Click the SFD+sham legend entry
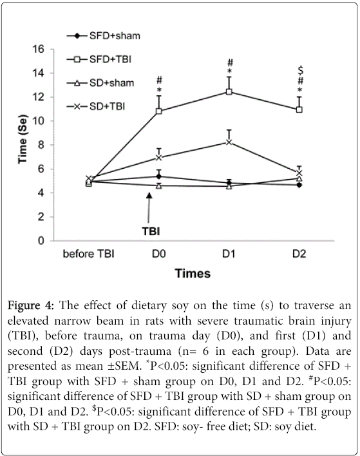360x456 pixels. pos(104,36)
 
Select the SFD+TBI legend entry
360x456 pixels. pos(99,59)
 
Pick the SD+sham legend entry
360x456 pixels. pos(100,83)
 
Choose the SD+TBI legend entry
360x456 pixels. pos(96,106)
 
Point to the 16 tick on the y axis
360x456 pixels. pos(38,49)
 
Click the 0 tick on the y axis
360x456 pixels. pos(41,241)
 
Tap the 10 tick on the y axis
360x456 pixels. pos(38,121)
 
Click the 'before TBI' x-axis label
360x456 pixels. pos(89,254)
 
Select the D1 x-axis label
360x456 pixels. pos(229,254)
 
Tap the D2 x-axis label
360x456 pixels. pos(299,254)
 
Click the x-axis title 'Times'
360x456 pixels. pos(193,274)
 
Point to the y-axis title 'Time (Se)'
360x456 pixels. pos(23,139)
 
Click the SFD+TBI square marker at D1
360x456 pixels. pos(229,92)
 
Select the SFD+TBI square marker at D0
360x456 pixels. pos(159,111)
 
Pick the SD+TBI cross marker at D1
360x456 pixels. pos(229,142)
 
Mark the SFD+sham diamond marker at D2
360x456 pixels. pos(299,185)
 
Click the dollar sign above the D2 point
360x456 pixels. pos(301,70)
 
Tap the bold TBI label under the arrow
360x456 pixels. pos(151,231)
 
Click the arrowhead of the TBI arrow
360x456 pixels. pos(149,196)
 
